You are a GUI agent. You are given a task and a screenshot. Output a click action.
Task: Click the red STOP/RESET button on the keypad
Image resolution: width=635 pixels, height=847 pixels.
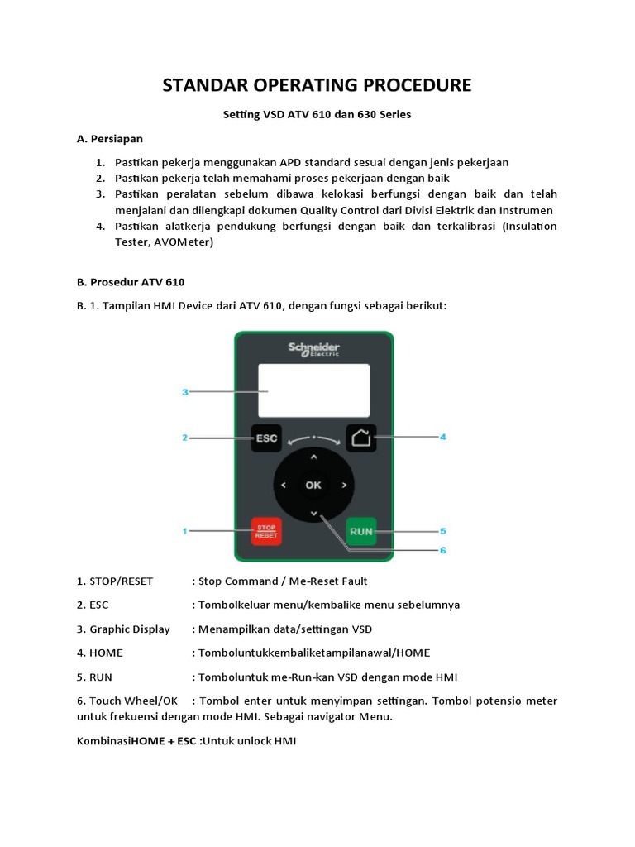click(266, 530)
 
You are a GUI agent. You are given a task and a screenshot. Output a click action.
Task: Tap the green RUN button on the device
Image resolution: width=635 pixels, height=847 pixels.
click(361, 530)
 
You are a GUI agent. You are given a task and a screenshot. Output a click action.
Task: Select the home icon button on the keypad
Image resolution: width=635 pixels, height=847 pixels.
click(361, 438)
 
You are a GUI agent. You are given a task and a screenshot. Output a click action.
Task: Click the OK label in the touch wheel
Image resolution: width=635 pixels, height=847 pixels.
click(313, 486)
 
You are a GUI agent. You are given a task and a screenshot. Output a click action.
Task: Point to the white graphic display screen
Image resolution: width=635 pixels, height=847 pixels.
click(313, 390)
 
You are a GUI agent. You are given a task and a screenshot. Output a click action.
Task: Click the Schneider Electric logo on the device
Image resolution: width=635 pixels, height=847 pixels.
click(314, 348)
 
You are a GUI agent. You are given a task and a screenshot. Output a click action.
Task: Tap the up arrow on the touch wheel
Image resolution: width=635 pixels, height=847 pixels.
click(313, 457)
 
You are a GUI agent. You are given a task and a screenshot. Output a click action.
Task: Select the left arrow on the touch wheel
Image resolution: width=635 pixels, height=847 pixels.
click(284, 486)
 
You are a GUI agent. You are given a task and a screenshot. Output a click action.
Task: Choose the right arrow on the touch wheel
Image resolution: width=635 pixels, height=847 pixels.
click(343, 486)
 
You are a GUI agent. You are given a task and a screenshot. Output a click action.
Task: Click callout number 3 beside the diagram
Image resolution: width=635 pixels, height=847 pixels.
click(186, 393)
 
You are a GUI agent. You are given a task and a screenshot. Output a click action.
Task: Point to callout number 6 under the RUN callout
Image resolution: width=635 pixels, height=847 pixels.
click(442, 549)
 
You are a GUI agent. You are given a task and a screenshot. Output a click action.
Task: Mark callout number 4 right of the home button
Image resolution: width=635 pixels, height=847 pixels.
click(442, 437)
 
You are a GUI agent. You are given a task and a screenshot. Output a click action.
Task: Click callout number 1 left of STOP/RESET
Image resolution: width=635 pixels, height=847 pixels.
click(186, 529)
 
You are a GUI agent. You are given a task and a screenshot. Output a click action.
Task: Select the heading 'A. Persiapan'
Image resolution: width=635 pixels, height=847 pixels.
click(109, 138)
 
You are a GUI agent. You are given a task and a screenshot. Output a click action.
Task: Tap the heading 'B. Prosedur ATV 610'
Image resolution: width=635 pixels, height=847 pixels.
click(131, 282)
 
